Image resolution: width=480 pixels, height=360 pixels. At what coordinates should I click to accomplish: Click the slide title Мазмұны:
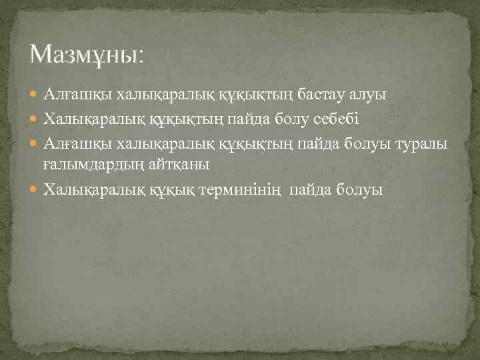click(87, 53)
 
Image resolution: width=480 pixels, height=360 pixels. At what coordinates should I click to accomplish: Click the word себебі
click(333, 119)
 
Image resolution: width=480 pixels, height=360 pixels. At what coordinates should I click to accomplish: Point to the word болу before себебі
click(286, 119)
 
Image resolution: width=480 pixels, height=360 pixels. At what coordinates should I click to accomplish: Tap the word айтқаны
click(179, 165)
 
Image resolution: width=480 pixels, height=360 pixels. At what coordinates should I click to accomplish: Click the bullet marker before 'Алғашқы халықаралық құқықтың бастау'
click(35, 95)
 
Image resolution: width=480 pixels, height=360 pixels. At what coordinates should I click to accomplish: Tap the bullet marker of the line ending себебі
click(35, 119)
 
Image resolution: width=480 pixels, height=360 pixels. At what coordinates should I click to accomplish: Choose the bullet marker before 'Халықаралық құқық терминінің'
click(35, 191)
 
